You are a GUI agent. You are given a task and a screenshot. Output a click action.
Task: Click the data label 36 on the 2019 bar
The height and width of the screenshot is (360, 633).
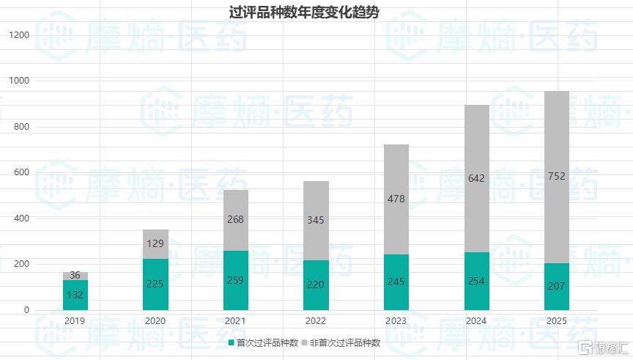tap(75, 276)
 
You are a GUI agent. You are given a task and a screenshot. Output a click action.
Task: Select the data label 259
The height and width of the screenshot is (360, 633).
tap(236, 279)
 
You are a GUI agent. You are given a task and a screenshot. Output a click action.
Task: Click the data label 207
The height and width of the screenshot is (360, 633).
tap(558, 286)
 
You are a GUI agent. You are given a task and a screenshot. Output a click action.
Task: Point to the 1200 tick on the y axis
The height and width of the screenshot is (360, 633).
tap(21, 35)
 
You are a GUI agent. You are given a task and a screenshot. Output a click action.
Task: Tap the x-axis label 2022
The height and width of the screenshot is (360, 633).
tap(316, 320)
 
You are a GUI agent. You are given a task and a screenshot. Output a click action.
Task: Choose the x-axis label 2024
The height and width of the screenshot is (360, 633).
tap(477, 320)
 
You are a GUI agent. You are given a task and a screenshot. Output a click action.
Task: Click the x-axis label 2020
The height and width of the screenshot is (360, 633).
tap(155, 320)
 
